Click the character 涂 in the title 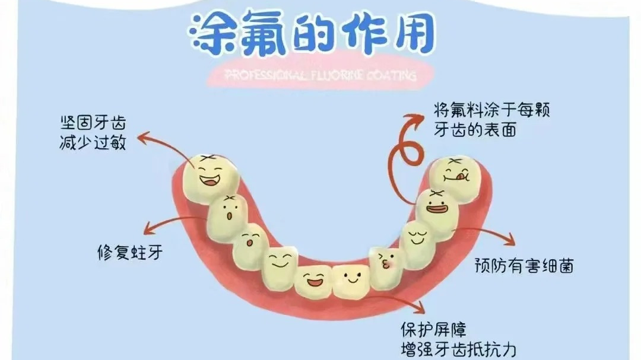214,32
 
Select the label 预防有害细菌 523,266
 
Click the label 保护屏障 434,328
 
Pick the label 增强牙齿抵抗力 455,348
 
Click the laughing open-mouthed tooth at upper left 210,176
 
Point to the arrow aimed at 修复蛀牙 172,222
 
